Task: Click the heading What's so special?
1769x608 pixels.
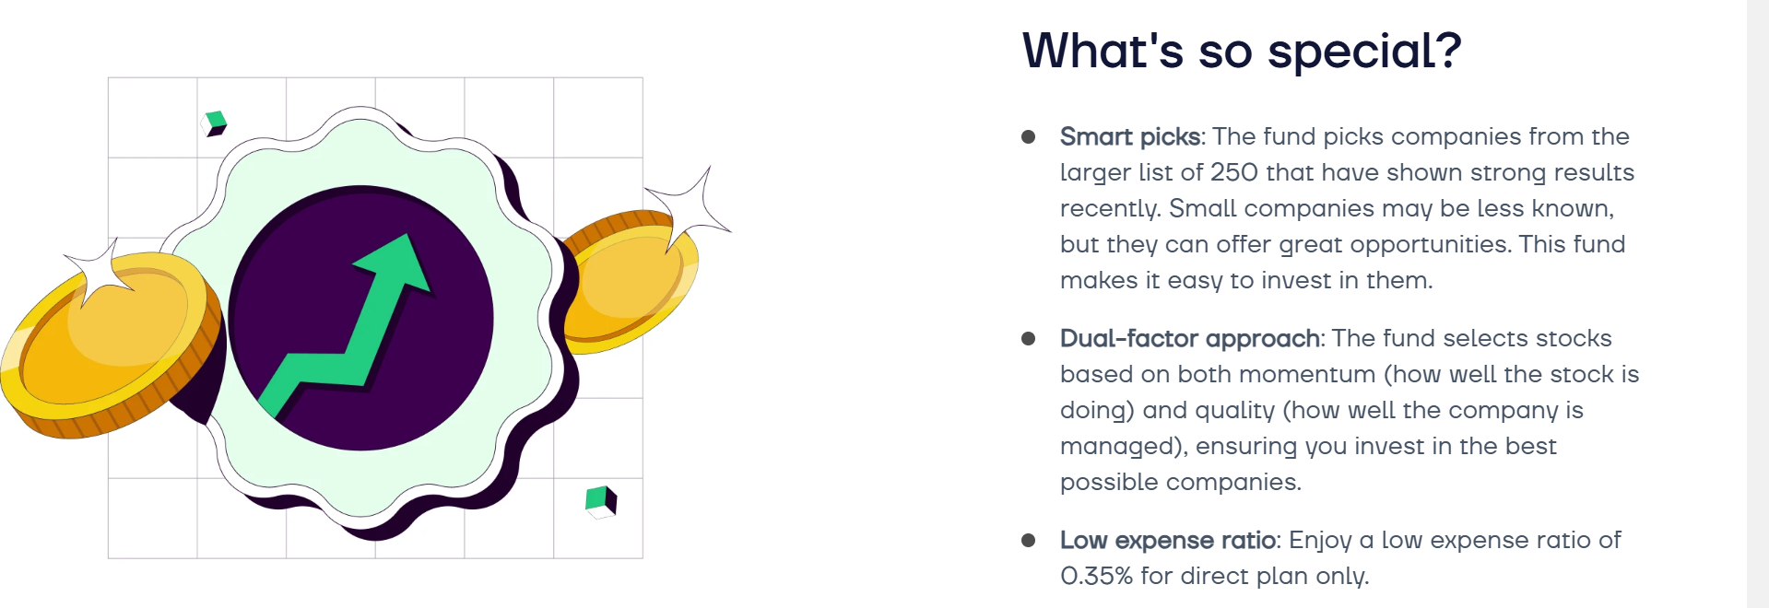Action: (x=1242, y=51)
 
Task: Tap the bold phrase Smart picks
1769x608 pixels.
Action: (x=1130, y=136)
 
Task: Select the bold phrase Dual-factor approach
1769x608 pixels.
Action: (x=1190, y=339)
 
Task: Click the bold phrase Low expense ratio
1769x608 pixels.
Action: (x=1168, y=541)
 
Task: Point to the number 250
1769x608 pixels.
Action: (x=1233, y=172)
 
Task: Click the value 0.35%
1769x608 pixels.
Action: (x=1096, y=576)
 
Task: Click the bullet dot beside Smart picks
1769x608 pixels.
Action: (x=1029, y=137)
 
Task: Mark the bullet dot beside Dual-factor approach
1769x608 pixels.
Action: (x=1029, y=339)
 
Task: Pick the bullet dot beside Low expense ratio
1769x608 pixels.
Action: (x=1029, y=541)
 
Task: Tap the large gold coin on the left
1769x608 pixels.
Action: (x=111, y=341)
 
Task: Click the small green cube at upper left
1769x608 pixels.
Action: (x=215, y=123)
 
